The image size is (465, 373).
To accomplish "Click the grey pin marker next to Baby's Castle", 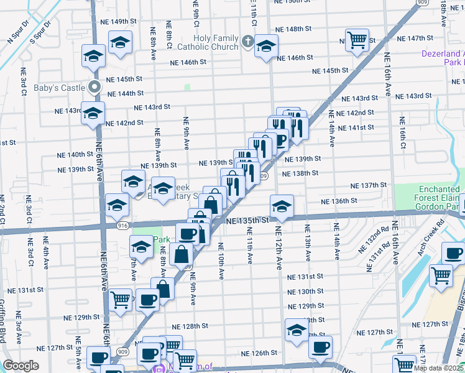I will coord(94,87).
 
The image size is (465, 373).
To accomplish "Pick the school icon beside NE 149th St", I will coord(119,43).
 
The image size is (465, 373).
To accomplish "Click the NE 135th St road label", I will coord(247,221).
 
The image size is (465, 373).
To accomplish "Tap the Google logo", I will coord(21,366).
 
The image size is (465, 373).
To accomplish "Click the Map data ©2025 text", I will coord(438,368).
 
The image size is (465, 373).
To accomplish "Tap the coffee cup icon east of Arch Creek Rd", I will coord(453,253).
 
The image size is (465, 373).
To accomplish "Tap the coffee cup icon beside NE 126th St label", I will coord(320,347).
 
